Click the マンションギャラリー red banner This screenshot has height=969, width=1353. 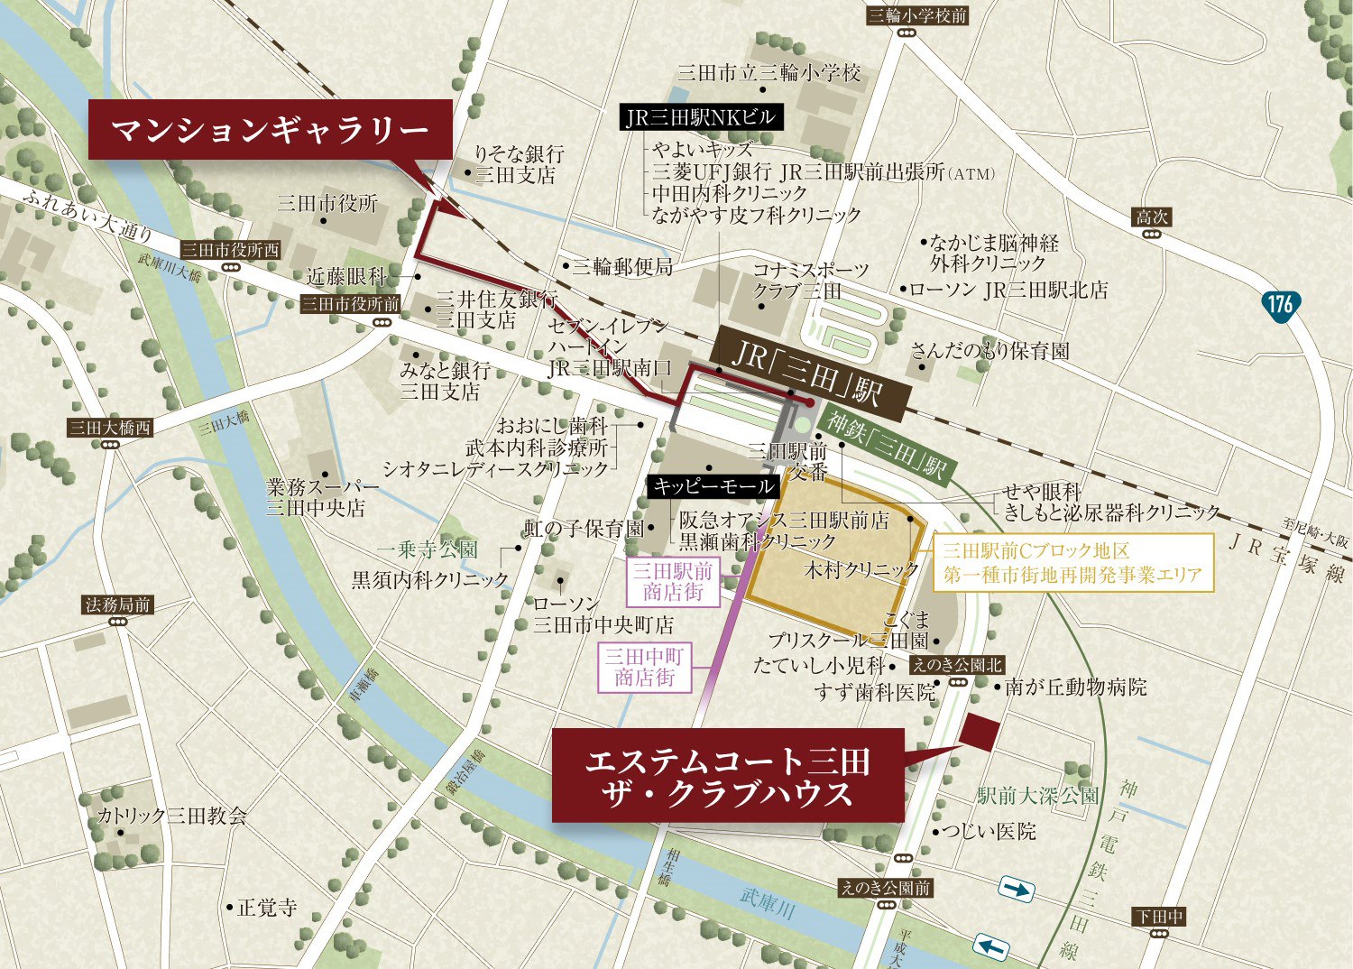270,131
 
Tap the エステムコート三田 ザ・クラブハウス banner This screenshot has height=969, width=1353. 727,776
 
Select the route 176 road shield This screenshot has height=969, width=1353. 1280,303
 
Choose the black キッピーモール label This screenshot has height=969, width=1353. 713,486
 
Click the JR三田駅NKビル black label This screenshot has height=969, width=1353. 700,117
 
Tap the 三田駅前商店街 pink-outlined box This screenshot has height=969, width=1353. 672,581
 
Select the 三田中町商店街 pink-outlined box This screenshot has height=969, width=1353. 644,668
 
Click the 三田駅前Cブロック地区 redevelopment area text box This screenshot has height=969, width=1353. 1073,562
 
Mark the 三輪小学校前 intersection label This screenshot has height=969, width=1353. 916,15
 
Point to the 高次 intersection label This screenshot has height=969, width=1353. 1151,217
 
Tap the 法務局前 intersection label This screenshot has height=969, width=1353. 117,604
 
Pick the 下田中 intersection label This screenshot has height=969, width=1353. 1159,917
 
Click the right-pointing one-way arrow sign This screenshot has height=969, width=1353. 1017,891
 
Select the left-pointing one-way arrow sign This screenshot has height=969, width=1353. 991,946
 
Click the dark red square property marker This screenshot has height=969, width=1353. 980,732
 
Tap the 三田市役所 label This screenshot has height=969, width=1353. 327,203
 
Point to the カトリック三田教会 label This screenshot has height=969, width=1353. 171,816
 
